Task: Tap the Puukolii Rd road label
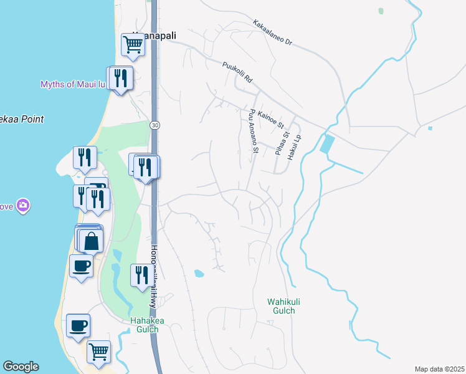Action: coord(237,72)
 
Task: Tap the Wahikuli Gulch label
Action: coord(280,305)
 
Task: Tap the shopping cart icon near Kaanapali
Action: coord(133,44)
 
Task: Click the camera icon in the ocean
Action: coord(23,205)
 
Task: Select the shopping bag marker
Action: coord(92,240)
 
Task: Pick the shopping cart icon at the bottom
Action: coord(98,352)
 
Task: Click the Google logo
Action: coord(21,367)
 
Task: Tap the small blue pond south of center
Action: coord(199,273)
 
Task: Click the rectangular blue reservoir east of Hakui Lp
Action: coord(326,145)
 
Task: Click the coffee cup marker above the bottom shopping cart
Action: coord(78,325)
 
